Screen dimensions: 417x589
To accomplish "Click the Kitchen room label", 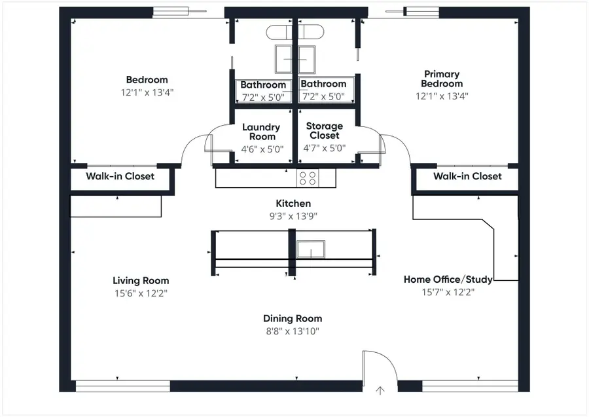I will pos(293,204).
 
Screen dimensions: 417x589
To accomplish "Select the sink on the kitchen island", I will pos(310,249).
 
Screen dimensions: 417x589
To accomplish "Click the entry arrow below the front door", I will pos(380,391).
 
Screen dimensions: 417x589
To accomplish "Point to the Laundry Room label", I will pos(260,132).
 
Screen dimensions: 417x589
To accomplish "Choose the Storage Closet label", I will pos(325,131).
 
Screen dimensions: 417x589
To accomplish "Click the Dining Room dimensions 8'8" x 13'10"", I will pos(293,331).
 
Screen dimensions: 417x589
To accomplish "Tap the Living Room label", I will pos(141,281).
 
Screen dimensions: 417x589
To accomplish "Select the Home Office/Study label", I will pos(448,280).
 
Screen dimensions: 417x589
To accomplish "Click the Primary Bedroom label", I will pos(442,79).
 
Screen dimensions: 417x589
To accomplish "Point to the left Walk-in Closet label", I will pos(120,176).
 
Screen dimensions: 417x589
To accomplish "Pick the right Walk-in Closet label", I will pos(467,176).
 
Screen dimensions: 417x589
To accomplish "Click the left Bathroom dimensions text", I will pos(263,97).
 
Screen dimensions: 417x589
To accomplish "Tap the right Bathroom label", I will pos(323,84).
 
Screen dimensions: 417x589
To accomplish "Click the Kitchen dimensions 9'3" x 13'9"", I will pos(293,216).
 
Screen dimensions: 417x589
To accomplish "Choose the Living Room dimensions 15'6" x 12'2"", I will pos(141,293).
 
